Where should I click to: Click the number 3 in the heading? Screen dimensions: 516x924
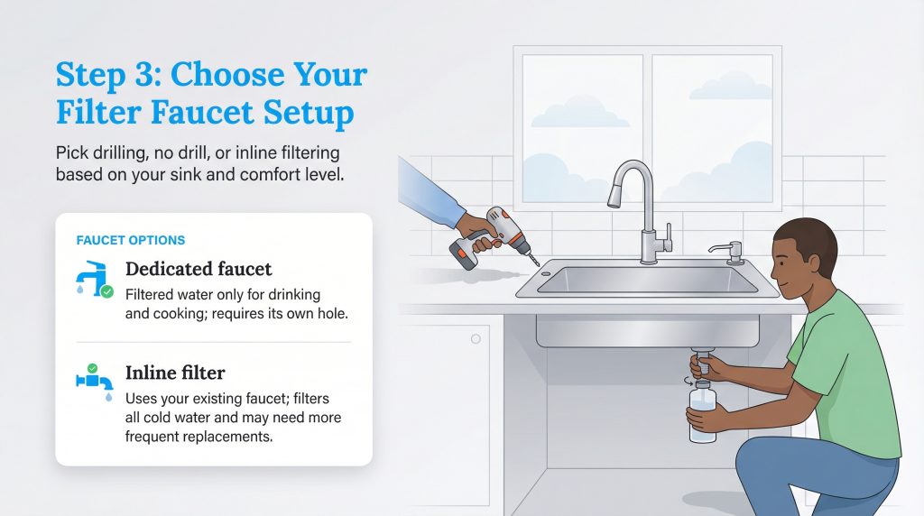pos(144,76)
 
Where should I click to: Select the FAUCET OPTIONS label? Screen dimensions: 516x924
pos(131,241)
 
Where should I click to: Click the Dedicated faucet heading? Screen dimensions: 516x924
pos(199,269)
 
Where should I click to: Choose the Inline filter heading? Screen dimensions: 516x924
pos(175,373)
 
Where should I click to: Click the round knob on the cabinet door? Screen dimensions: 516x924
pos(476,340)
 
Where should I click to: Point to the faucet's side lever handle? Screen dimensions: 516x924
pos(669,235)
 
